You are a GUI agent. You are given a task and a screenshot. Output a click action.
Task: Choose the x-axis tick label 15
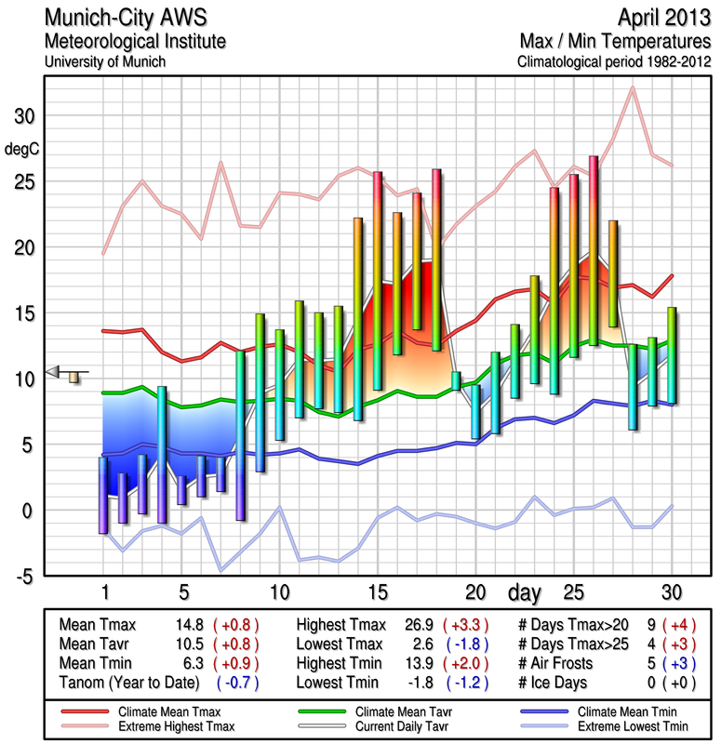377,591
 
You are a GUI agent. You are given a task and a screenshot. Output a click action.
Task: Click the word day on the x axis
527,591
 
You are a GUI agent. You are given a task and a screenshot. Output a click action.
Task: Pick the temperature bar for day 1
103,495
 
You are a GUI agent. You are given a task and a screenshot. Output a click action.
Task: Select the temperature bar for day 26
594,251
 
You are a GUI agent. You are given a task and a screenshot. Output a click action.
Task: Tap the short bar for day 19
456,380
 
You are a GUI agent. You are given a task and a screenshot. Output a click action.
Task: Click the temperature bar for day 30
672,355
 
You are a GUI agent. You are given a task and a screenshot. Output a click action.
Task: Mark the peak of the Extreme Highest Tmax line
633,87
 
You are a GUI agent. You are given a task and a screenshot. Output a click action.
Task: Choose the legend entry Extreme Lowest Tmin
618,724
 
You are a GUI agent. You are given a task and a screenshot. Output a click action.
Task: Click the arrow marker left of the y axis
58,373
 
